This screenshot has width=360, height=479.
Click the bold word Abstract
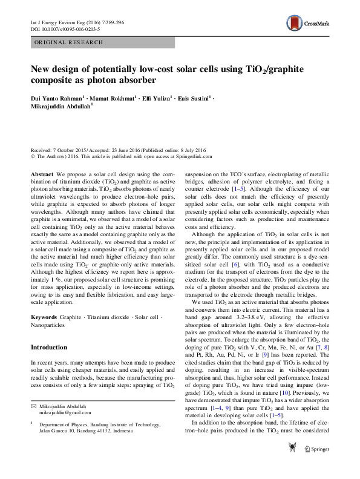42,173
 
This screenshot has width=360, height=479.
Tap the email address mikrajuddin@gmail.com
65,411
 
